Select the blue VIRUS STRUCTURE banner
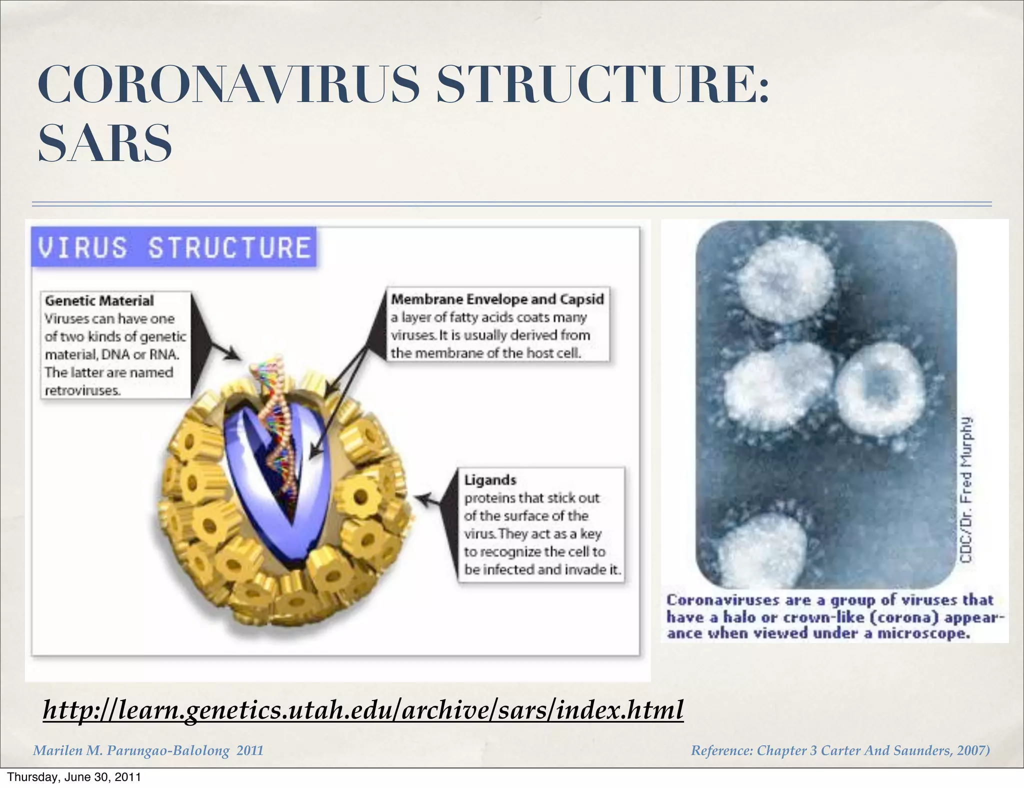click(174, 247)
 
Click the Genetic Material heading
click(99, 300)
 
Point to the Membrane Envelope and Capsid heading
click(497, 299)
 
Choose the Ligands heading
click(489, 480)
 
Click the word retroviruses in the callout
click(82, 390)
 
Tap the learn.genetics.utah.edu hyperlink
click(363, 709)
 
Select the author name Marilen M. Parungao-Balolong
click(131, 750)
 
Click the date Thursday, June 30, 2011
click(74, 777)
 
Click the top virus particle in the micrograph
click(786, 280)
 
